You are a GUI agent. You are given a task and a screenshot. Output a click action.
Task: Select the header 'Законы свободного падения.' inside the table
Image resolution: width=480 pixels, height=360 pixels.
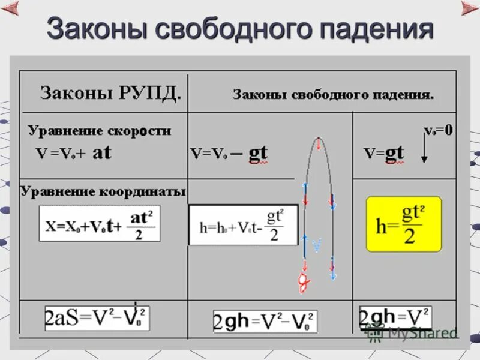point(333,95)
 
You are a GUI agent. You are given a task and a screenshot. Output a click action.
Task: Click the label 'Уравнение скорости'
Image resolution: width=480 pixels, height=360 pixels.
point(99,131)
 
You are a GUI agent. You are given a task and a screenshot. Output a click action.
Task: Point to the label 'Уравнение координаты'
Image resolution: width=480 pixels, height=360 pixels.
point(103,192)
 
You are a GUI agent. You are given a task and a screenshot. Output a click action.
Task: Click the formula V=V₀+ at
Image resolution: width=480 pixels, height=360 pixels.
point(73,153)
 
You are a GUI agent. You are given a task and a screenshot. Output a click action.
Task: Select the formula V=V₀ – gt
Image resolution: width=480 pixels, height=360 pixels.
point(228,154)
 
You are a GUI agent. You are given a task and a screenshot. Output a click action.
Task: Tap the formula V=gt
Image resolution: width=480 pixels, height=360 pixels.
point(384,153)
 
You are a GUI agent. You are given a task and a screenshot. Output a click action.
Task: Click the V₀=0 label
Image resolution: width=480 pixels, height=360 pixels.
point(439,130)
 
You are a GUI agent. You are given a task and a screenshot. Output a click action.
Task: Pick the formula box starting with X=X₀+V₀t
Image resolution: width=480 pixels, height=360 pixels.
point(100,223)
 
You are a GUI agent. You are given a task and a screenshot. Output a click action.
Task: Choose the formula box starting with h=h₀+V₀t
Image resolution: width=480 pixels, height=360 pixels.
point(243,224)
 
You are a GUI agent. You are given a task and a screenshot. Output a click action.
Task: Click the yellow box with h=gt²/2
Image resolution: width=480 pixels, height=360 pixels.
point(403,223)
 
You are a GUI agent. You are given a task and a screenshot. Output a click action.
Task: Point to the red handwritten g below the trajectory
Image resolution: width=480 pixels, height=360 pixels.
point(304,280)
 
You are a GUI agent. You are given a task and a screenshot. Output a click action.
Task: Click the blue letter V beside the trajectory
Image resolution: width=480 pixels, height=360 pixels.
point(316,245)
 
